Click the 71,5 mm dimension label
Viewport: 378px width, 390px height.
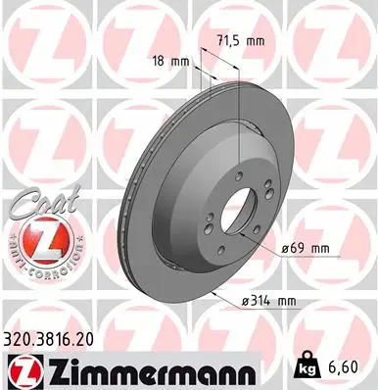click(239, 42)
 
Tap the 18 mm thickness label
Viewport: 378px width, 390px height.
click(171, 61)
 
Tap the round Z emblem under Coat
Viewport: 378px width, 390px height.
click(35, 238)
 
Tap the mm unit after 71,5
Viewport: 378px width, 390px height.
click(256, 42)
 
